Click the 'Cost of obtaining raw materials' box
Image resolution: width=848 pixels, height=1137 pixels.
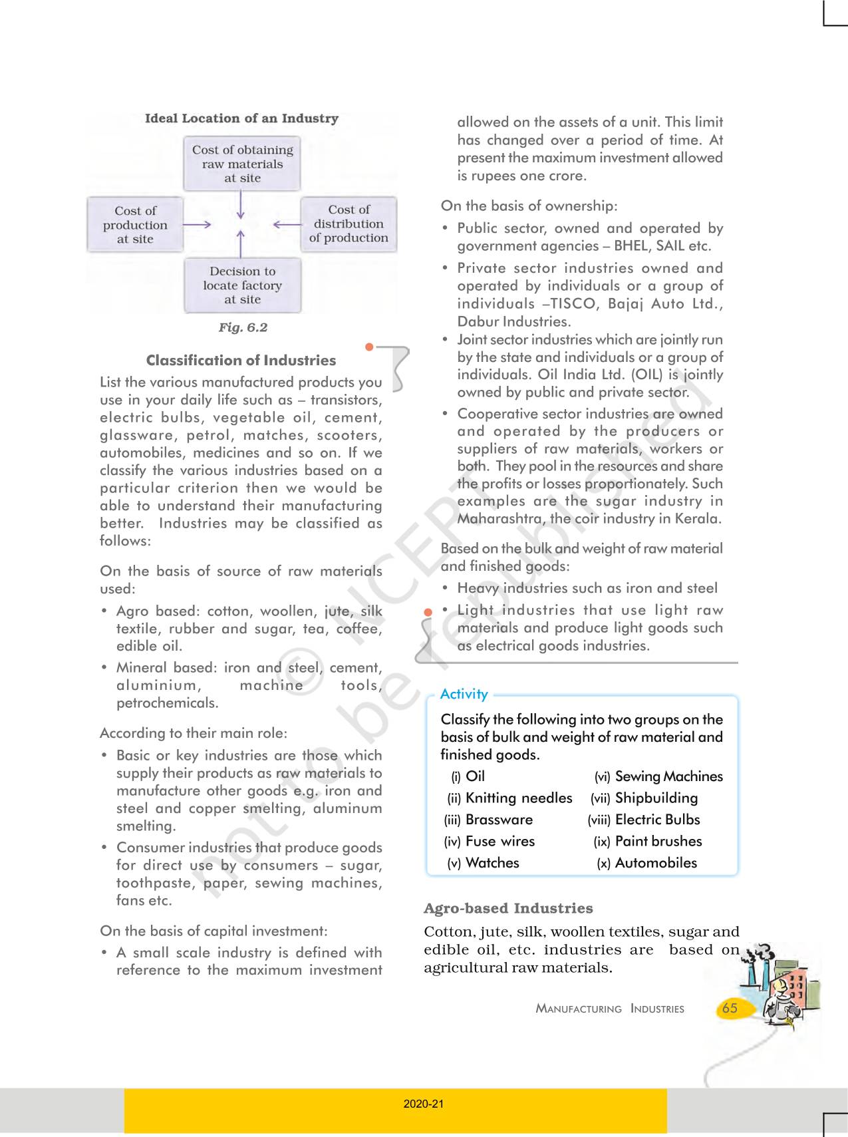tap(242, 164)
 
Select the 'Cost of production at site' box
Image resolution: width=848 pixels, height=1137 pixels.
tap(135, 225)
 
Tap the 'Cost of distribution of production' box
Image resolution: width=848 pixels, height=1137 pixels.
tap(349, 224)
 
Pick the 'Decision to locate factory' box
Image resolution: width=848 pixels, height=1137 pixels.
tap(242, 285)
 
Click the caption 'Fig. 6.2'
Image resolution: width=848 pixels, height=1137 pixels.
tap(243, 327)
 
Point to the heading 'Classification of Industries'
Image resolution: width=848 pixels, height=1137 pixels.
tap(241, 361)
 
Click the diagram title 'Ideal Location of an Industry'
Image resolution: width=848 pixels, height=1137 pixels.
tap(241, 118)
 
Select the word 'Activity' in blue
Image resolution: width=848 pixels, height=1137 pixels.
tap(464, 694)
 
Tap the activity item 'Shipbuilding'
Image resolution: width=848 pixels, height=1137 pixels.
tap(656, 798)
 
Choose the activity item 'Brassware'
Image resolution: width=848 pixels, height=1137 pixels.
tap(499, 820)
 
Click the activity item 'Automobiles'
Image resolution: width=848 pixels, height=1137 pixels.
tap(656, 863)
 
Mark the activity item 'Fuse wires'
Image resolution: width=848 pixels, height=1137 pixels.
tap(500, 841)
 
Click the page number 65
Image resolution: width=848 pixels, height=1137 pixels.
tap(730, 1008)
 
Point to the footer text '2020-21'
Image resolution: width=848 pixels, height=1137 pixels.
tap(424, 1104)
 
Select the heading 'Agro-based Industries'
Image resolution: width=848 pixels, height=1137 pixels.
tap(508, 908)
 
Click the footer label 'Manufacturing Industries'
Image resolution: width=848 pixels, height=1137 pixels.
tap(610, 1009)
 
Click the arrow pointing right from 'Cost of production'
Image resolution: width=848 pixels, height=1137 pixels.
tap(197, 225)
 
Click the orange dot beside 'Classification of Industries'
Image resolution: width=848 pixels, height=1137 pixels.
tap(370, 347)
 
